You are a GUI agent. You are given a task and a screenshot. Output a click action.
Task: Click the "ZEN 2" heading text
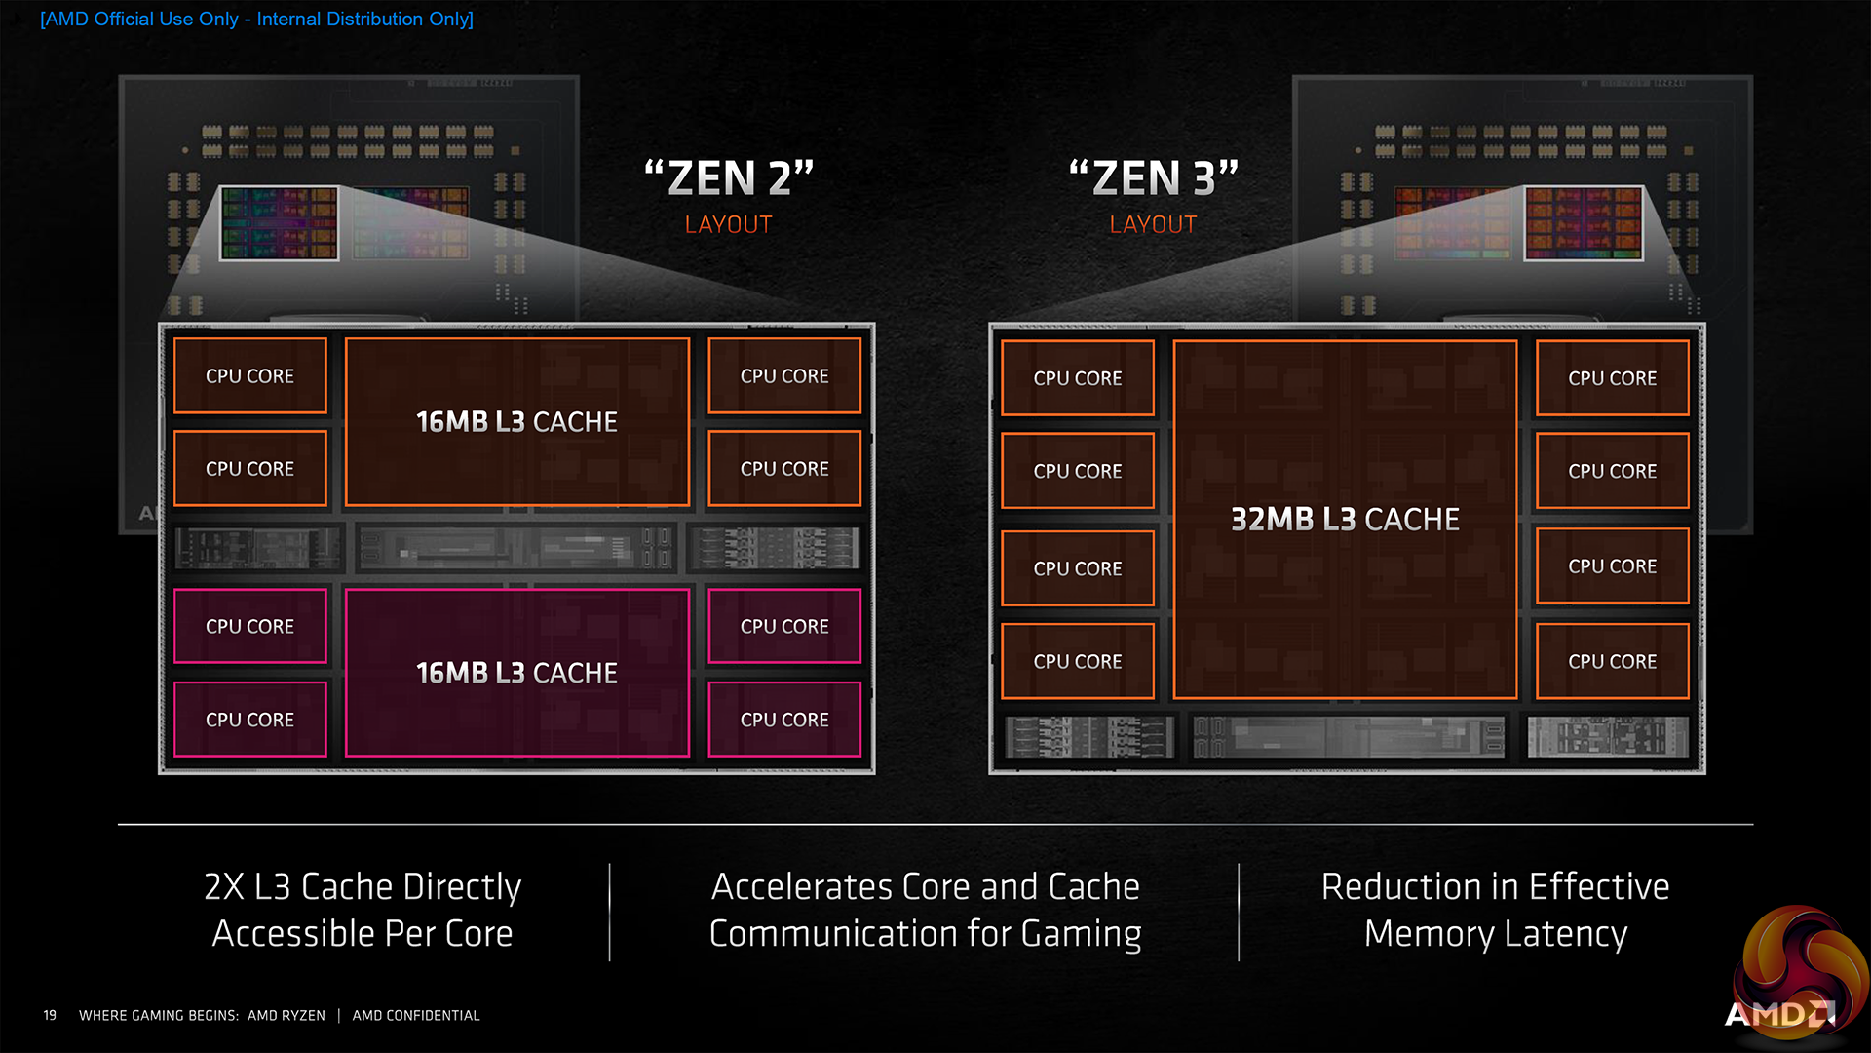point(729,178)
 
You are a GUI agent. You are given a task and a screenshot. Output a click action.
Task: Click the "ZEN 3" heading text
point(1154,178)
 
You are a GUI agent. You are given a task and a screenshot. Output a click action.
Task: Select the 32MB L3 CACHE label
point(1345,520)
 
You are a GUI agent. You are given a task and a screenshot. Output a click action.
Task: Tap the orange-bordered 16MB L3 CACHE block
point(516,422)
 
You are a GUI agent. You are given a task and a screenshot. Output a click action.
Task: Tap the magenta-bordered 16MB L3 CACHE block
point(516,673)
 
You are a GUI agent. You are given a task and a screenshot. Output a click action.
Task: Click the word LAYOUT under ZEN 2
point(729,225)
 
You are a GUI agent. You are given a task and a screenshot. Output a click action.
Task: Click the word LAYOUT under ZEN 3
point(1154,225)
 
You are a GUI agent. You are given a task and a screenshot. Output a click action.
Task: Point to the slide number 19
point(50,1015)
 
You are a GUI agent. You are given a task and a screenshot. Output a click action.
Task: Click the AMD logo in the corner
point(1779,1014)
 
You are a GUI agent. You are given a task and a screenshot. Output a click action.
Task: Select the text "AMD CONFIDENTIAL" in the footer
point(416,1015)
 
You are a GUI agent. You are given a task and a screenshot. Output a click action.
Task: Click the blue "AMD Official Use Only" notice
point(256,19)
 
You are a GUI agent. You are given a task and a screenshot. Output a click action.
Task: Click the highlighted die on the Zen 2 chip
point(280,223)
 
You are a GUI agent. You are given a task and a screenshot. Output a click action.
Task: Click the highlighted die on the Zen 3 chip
point(1584,223)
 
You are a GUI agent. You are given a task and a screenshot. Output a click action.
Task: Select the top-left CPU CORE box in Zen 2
point(250,376)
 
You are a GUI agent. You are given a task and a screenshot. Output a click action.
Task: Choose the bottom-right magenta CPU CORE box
point(784,720)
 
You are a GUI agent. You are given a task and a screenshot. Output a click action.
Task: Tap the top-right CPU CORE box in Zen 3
point(1613,378)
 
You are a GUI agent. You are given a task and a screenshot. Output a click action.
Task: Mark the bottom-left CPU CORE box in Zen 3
point(1078,661)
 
